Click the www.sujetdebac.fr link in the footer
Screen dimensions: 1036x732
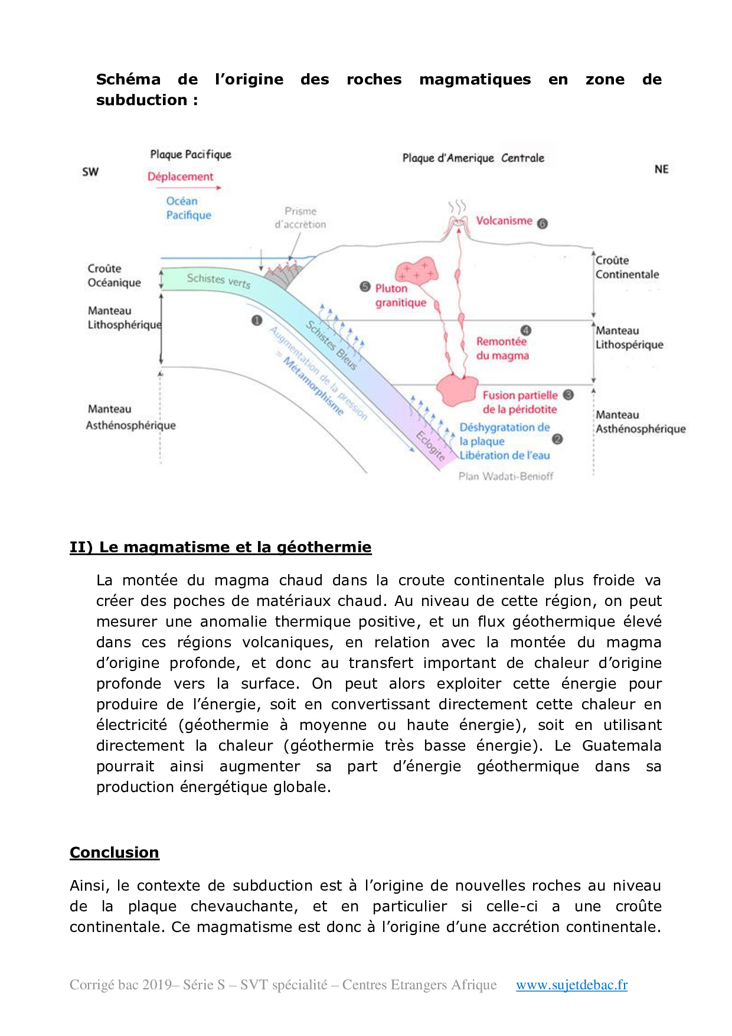point(571,985)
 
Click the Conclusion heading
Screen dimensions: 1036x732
point(115,852)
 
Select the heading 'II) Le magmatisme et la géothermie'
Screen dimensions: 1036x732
point(220,547)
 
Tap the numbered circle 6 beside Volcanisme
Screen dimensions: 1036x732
point(543,223)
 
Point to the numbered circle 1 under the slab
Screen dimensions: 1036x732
point(257,320)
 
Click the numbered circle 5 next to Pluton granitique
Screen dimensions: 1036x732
point(365,287)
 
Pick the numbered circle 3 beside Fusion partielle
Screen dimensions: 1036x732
point(568,395)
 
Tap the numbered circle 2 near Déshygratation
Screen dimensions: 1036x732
point(557,439)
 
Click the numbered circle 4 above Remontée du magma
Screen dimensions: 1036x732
point(526,330)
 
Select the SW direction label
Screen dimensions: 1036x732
point(90,172)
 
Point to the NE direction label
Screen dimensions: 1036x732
point(661,170)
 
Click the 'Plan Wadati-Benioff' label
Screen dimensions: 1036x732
point(506,476)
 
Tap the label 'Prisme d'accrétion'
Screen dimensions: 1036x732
point(300,218)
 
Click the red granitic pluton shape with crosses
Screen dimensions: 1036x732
point(417,271)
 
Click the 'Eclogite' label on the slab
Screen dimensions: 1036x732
point(430,446)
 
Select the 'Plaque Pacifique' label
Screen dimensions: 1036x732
point(191,155)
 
